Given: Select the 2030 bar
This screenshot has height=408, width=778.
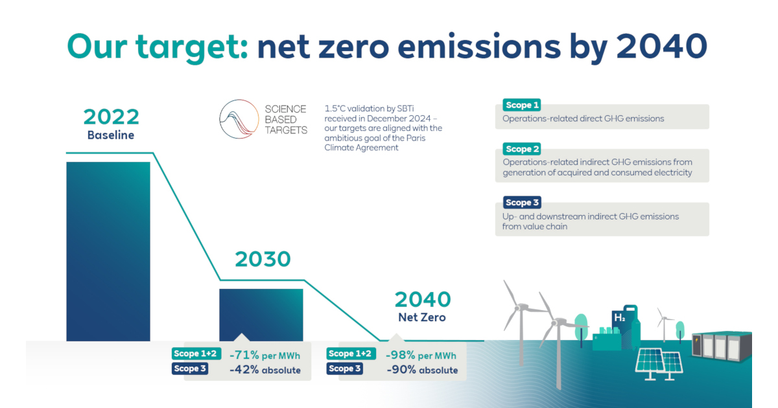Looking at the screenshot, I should pos(261,314).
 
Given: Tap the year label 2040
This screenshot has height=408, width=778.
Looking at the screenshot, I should pos(422,299).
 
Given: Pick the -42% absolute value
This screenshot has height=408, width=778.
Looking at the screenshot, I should pos(265,370).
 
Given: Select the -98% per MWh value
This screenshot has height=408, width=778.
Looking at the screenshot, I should pos(421,355).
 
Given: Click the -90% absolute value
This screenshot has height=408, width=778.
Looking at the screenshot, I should pos(421,370).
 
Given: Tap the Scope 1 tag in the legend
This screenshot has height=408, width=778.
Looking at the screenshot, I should pos(522,105).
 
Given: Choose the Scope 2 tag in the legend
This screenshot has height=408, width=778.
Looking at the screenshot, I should pos(522,149).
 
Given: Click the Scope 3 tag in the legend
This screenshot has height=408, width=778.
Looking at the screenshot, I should pos(522,203).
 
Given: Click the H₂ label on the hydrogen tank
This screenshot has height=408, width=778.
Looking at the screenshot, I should pos(619,318).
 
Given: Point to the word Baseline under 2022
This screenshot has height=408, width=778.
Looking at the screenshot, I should pos(111,135).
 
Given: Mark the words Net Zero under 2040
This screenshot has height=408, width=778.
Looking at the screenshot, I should pos(422,317).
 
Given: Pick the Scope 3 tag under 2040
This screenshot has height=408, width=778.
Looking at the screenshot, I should pos(345,368).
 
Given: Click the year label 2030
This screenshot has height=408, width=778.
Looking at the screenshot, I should pos(263,259).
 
